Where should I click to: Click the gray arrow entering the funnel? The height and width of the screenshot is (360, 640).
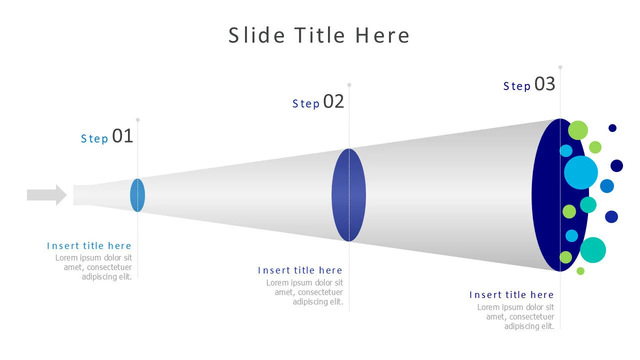[46, 195]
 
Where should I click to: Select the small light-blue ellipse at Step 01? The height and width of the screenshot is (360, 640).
[137, 195]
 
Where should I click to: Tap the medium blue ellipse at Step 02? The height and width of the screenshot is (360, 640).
[348, 195]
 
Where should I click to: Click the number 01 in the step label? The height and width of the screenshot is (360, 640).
[122, 136]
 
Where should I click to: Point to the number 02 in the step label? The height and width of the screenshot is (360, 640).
[333, 101]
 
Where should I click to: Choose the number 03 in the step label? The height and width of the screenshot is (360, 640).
[544, 84]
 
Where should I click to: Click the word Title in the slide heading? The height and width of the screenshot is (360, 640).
[319, 35]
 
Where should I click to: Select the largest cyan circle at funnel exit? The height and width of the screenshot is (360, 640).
[580, 172]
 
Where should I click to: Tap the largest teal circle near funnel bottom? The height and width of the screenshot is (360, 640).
[593, 250]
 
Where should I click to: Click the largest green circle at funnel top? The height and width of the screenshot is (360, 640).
[578, 130]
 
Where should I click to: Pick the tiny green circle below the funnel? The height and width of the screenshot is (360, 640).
[580, 271]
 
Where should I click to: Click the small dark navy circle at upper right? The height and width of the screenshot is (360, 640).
[612, 128]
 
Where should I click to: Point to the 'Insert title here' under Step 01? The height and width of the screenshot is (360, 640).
[89, 245]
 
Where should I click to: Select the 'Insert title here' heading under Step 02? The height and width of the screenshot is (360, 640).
[300, 270]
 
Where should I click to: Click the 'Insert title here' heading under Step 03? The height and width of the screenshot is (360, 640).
[511, 295]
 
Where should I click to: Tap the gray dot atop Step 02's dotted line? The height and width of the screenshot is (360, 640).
[349, 85]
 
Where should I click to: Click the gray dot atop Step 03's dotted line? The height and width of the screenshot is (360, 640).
[560, 67]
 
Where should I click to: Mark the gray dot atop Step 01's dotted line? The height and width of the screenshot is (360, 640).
[137, 120]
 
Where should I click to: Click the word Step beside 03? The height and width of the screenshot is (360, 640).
[516, 86]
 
